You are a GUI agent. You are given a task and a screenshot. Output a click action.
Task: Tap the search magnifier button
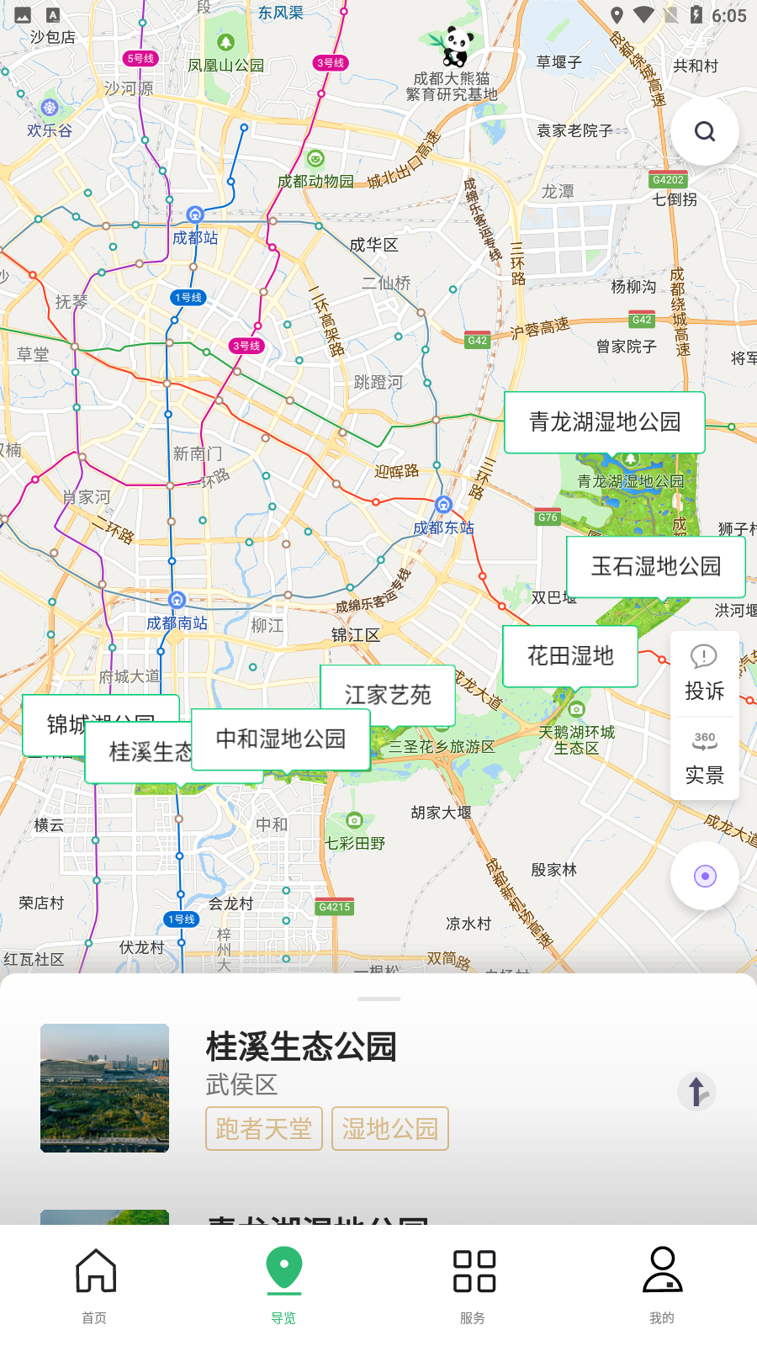point(705,131)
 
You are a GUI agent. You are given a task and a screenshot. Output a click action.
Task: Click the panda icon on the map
point(456,45)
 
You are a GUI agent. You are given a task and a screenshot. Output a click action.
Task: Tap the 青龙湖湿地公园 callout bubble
point(604,421)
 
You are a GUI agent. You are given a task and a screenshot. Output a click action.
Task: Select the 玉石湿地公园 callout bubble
point(655,566)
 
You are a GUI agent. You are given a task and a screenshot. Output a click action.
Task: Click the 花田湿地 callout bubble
point(569,655)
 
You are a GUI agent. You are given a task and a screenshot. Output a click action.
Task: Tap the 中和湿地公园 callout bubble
point(280,739)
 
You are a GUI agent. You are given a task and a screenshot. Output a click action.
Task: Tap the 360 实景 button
point(705,758)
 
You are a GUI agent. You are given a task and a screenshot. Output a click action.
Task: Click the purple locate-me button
point(705,877)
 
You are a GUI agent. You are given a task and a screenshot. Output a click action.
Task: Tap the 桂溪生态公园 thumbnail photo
point(104,1088)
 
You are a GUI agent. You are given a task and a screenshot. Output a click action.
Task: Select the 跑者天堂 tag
point(264,1128)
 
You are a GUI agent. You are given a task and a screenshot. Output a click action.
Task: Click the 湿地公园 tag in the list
point(390,1128)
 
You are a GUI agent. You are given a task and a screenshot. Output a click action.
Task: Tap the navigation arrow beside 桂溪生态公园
point(696,1092)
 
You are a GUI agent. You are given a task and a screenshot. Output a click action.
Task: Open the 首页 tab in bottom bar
point(95,1285)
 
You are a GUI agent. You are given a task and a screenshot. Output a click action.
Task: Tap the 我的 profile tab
point(662,1285)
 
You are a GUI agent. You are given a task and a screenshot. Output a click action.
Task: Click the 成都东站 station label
point(443,527)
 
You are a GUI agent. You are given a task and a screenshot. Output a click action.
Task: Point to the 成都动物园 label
point(315,181)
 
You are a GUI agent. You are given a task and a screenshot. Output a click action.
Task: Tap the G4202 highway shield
point(668,180)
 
